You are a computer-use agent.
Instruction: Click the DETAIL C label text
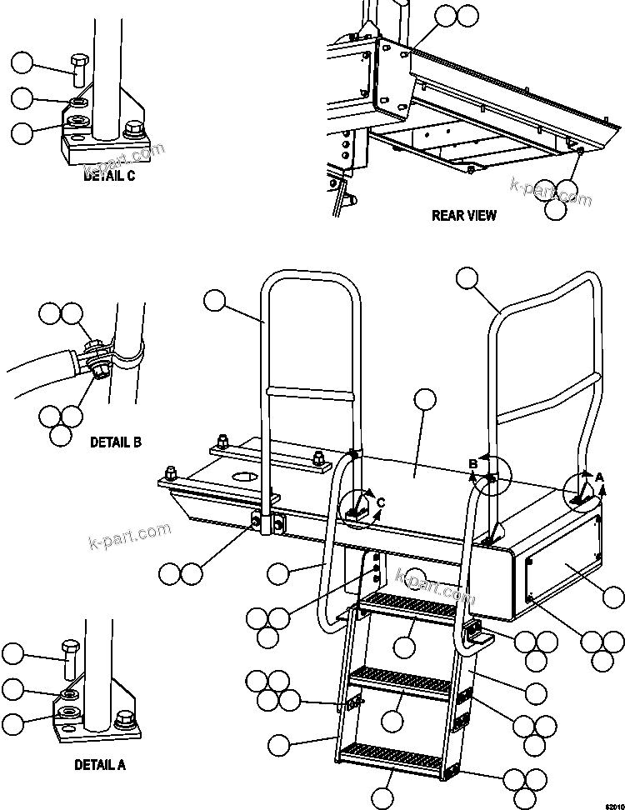[109, 176]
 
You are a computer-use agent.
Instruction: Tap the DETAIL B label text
[115, 442]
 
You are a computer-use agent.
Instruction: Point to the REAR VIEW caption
[463, 216]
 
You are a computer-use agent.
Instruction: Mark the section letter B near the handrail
[472, 463]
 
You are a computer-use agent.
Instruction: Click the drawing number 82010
[612, 804]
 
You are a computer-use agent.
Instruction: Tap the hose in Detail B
[42, 366]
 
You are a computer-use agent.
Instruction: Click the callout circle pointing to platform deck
[425, 399]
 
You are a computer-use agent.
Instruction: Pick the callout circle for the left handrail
[215, 301]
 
